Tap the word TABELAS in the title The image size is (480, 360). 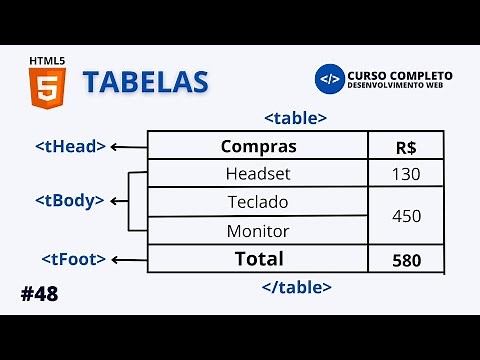pyautogui.click(x=145, y=82)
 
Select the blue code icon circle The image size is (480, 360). pyautogui.click(x=329, y=80)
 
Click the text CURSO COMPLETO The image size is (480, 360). pyautogui.click(x=399, y=76)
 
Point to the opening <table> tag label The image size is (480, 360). pyautogui.click(x=295, y=117)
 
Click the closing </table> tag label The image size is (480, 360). pyautogui.click(x=296, y=287)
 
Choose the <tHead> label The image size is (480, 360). pyautogui.click(x=70, y=146)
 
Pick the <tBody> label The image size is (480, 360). pyautogui.click(x=69, y=200)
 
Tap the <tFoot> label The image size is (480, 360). pyautogui.click(x=73, y=259)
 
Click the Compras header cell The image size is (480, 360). pyautogui.click(x=258, y=146)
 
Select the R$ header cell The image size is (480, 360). pyautogui.click(x=406, y=147)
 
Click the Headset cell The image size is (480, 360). pyautogui.click(x=258, y=174)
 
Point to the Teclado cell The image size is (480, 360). pyautogui.click(x=258, y=202)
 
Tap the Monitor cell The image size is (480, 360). pyautogui.click(x=258, y=231)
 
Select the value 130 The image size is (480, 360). pyautogui.click(x=406, y=174)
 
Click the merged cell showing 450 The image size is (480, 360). pyautogui.click(x=406, y=216)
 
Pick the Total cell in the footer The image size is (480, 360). pyautogui.click(x=258, y=259)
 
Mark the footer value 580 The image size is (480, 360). pyautogui.click(x=406, y=260)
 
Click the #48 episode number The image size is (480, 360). pyautogui.click(x=38, y=294)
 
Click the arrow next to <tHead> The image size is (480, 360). pyautogui.click(x=128, y=147)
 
